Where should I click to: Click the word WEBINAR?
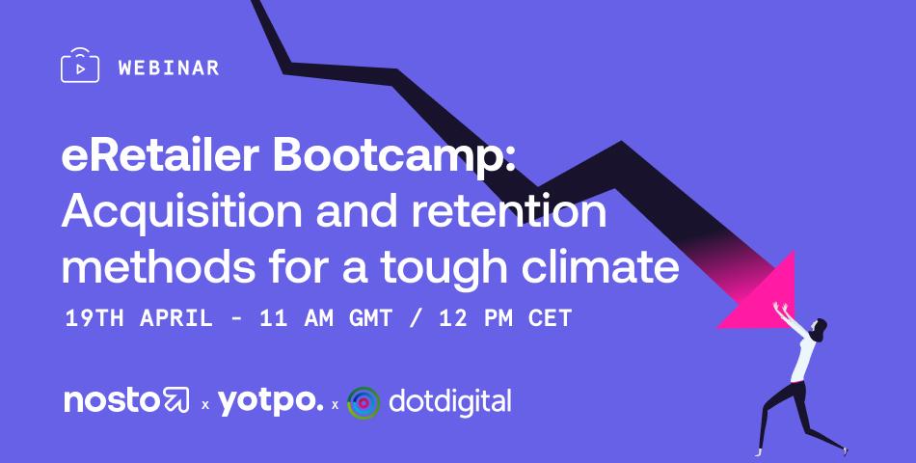click(168, 68)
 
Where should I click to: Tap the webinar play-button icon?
click(80, 66)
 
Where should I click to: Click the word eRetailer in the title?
click(160, 155)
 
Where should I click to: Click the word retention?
click(509, 210)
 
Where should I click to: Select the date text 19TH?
click(94, 318)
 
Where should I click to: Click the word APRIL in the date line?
click(175, 318)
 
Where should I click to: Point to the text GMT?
click(370, 318)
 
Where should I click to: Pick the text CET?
click(550, 318)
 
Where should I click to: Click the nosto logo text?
click(111, 400)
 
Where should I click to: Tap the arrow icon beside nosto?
click(175, 400)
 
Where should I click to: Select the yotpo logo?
click(271, 403)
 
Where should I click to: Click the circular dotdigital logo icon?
click(364, 403)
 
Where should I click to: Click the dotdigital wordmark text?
click(450, 401)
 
